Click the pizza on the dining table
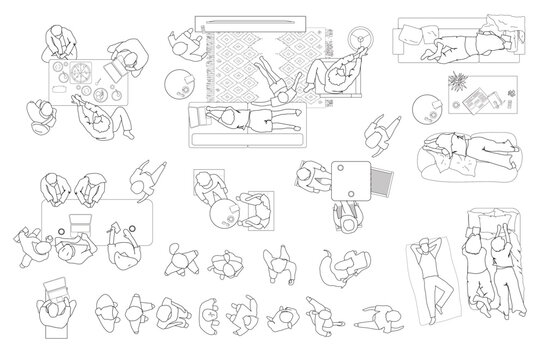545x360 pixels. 78,74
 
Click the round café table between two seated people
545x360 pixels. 223,211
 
